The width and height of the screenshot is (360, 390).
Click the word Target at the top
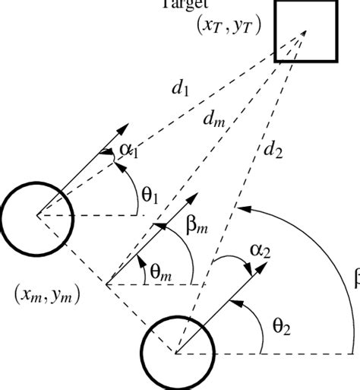point(181,3)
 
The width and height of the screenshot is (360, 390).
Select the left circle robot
point(36,216)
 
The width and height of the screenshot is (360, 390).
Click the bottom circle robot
point(175,352)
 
